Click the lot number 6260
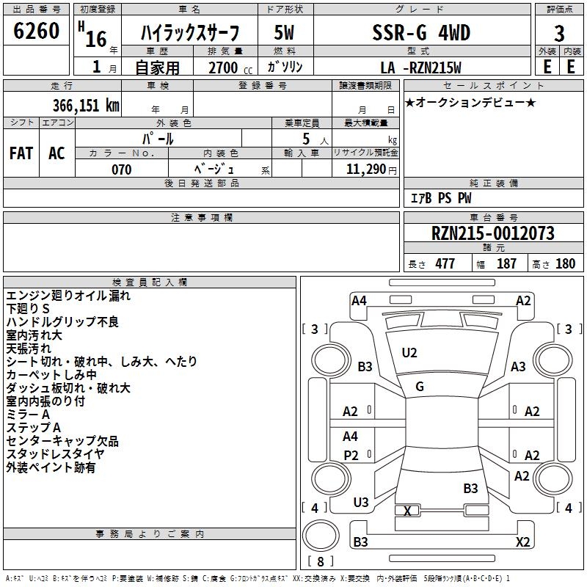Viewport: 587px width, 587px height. [37, 33]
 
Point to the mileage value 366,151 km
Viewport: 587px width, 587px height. [86, 105]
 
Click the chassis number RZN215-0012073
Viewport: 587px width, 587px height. [492, 234]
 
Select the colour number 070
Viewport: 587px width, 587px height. [121, 169]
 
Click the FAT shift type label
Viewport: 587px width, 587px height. [21, 153]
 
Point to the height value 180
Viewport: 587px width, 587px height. [566, 264]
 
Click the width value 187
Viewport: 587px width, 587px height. [506, 264]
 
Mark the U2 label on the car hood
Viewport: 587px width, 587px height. [409, 353]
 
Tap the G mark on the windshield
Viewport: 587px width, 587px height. [420, 387]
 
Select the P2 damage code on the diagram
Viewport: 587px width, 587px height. [351, 456]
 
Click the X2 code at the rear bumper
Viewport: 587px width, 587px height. [522, 542]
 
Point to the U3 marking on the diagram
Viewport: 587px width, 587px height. [361, 503]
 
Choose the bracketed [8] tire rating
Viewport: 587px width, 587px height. [320, 562]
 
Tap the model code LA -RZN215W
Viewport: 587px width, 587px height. [421, 68]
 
